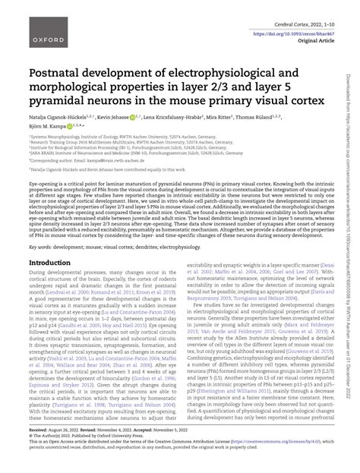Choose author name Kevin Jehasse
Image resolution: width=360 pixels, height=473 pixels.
click(x=126, y=120)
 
